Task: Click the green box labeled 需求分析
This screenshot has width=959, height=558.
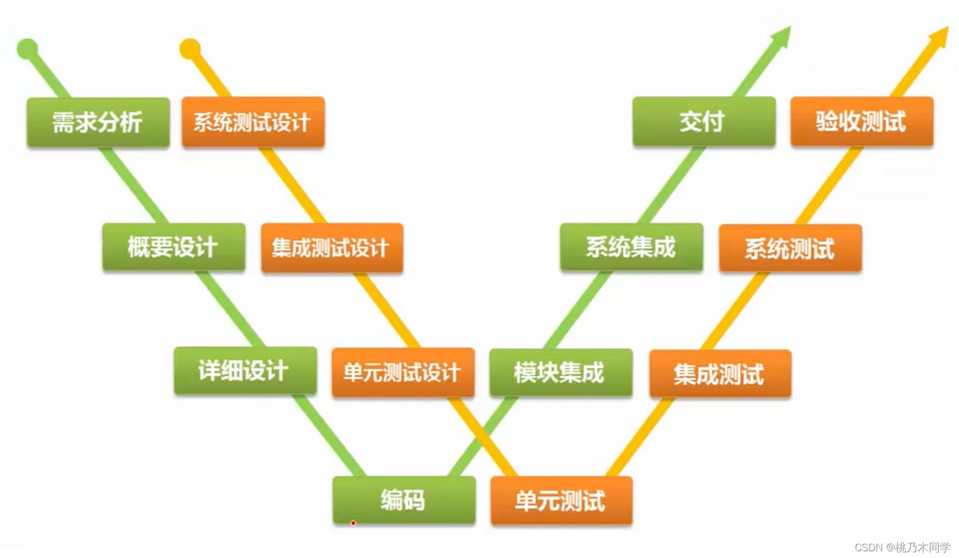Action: [x=98, y=122]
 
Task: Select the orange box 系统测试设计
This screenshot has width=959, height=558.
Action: [x=253, y=122]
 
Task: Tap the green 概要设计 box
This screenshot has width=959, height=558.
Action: [x=173, y=247]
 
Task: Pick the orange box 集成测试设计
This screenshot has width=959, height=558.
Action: [x=332, y=248]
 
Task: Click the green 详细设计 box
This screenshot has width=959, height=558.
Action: [x=245, y=371]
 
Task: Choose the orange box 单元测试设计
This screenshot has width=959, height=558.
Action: [x=403, y=372]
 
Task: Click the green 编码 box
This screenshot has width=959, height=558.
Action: [x=404, y=500]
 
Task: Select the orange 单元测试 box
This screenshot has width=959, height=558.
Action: [x=561, y=501]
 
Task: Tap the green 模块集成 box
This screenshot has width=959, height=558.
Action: [x=560, y=372]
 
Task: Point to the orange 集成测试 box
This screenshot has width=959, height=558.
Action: [x=720, y=373]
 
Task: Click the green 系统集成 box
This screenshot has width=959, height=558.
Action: [x=631, y=247]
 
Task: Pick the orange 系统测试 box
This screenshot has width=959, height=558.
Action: [x=790, y=248]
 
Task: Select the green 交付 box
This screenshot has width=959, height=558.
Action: [x=704, y=122]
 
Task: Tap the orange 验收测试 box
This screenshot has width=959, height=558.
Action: [x=861, y=122]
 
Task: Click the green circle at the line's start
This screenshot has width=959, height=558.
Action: [x=27, y=49]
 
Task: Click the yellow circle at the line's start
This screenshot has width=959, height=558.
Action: [x=190, y=49]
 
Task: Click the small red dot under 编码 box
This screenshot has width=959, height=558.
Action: [x=353, y=523]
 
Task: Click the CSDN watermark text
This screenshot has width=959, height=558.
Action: [x=902, y=547]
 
